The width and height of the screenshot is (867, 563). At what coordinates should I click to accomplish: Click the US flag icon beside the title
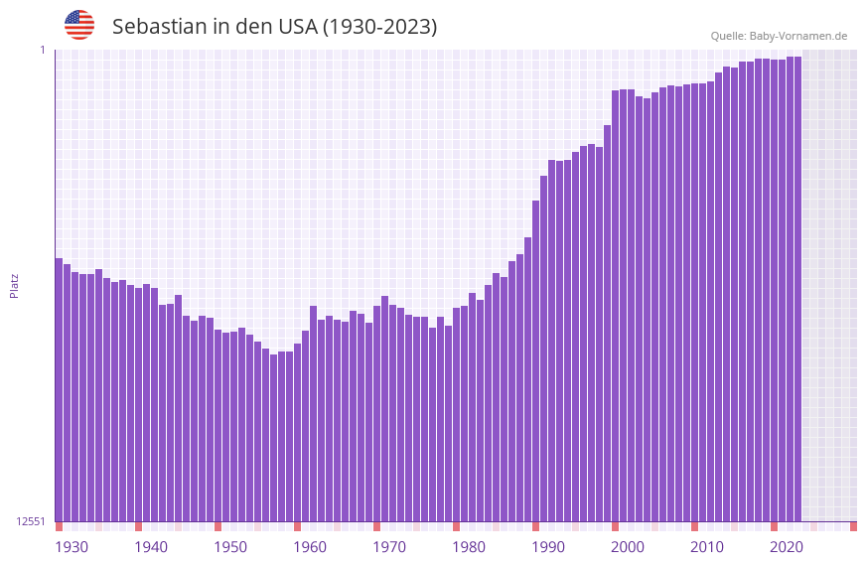79,25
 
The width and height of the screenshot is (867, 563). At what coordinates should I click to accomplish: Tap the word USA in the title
297,27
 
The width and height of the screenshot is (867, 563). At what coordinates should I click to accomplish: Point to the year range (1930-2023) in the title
379,27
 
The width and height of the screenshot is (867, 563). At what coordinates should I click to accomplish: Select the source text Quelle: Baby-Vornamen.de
779,36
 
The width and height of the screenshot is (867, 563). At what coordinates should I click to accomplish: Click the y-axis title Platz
14,285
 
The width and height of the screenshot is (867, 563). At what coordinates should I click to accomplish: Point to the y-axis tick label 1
43,50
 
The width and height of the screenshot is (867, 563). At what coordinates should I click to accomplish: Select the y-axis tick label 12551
31,521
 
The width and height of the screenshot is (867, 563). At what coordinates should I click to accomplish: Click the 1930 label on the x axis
72,547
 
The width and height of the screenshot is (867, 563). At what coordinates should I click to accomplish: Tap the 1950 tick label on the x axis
230,547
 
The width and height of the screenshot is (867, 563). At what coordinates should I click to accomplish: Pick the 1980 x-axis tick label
469,547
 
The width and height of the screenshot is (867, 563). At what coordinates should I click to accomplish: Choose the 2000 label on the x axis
628,547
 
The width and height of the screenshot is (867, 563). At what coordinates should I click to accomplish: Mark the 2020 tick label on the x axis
787,547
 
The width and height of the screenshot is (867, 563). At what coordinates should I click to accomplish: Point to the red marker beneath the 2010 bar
695,526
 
